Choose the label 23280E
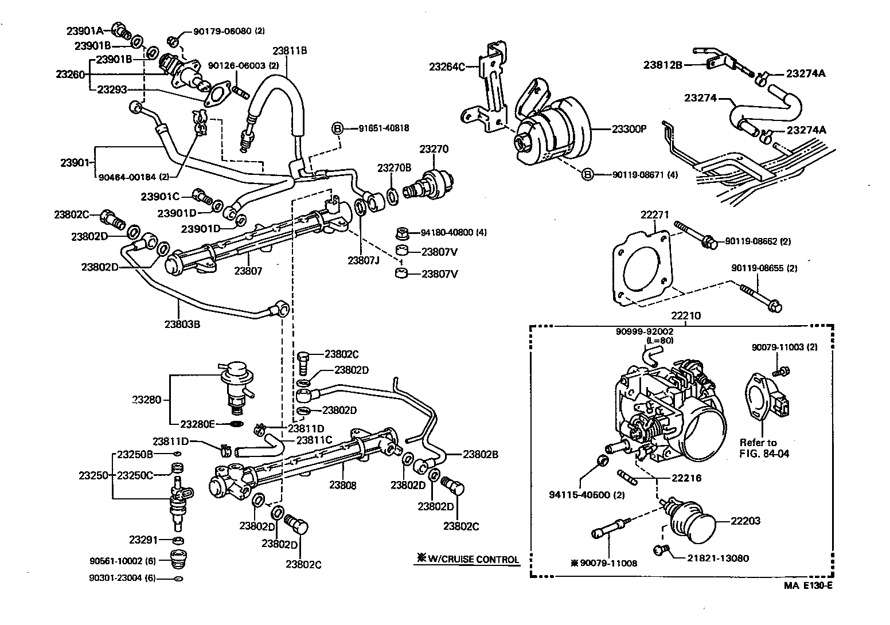point(197,424)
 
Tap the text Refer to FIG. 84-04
point(764,447)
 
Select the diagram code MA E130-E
point(809,586)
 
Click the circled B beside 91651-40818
point(338,128)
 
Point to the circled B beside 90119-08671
point(587,174)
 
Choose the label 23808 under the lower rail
point(343,485)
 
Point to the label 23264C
point(447,67)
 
